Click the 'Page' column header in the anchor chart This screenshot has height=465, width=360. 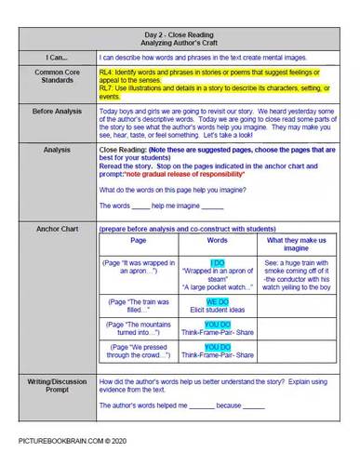click(x=139, y=240)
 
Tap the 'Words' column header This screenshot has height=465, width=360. click(x=217, y=240)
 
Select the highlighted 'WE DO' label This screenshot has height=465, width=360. click(x=218, y=301)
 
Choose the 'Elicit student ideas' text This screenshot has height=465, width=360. click(x=218, y=311)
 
